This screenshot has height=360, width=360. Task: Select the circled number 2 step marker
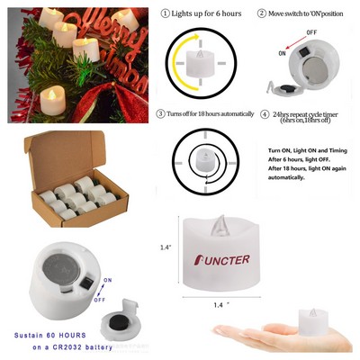click(x=261, y=13)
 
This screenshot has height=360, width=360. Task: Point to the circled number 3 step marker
click(x=161, y=114)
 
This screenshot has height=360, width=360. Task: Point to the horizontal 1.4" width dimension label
click(x=221, y=307)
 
